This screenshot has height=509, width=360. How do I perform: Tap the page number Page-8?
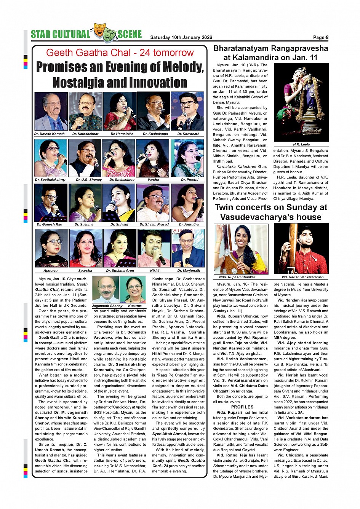pos(320,37)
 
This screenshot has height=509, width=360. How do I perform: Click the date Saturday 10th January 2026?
pos(181,37)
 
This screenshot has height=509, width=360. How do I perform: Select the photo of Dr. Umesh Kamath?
pos(51,112)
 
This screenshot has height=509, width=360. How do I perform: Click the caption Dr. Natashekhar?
pos(85,134)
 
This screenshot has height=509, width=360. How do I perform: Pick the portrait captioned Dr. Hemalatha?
pos(120,112)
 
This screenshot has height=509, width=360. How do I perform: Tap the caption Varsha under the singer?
pos(153,180)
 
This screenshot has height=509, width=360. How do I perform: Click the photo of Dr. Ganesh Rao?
pos(51,203)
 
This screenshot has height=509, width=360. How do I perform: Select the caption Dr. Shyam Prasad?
pos(154,225)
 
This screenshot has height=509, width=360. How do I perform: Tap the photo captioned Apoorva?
pos(51,248)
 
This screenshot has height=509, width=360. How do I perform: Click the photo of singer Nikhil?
pos(154,248)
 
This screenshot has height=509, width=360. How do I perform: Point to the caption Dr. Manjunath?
pos(189,271)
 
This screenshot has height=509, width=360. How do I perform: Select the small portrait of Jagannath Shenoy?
pos(106,290)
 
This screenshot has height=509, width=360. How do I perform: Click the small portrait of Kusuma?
pos(133,290)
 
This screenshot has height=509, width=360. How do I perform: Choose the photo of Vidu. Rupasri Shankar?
pos(241,249)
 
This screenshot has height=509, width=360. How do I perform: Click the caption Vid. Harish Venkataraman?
pos(302,277)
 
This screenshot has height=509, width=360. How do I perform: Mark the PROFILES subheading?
pos(242,407)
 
